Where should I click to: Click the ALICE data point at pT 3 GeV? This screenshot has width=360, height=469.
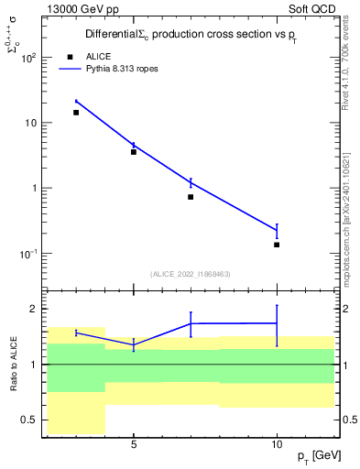pyautogui.click(x=76, y=113)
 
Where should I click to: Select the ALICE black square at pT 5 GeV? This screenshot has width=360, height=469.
pyautogui.click(x=134, y=152)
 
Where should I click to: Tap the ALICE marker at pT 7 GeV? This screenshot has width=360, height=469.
pyautogui.click(x=191, y=197)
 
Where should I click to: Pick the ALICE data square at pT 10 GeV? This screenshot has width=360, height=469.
pyautogui.click(x=277, y=245)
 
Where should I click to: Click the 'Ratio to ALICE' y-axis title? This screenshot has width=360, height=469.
pyautogui.click(x=12, y=364)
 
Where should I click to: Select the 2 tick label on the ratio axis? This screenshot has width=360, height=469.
pyautogui.click(x=33, y=308)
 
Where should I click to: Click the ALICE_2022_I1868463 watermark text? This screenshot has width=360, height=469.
pyautogui.click(x=191, y=274)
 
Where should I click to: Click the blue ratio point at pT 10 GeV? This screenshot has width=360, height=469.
pyautogui.click(x=277, y=322)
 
